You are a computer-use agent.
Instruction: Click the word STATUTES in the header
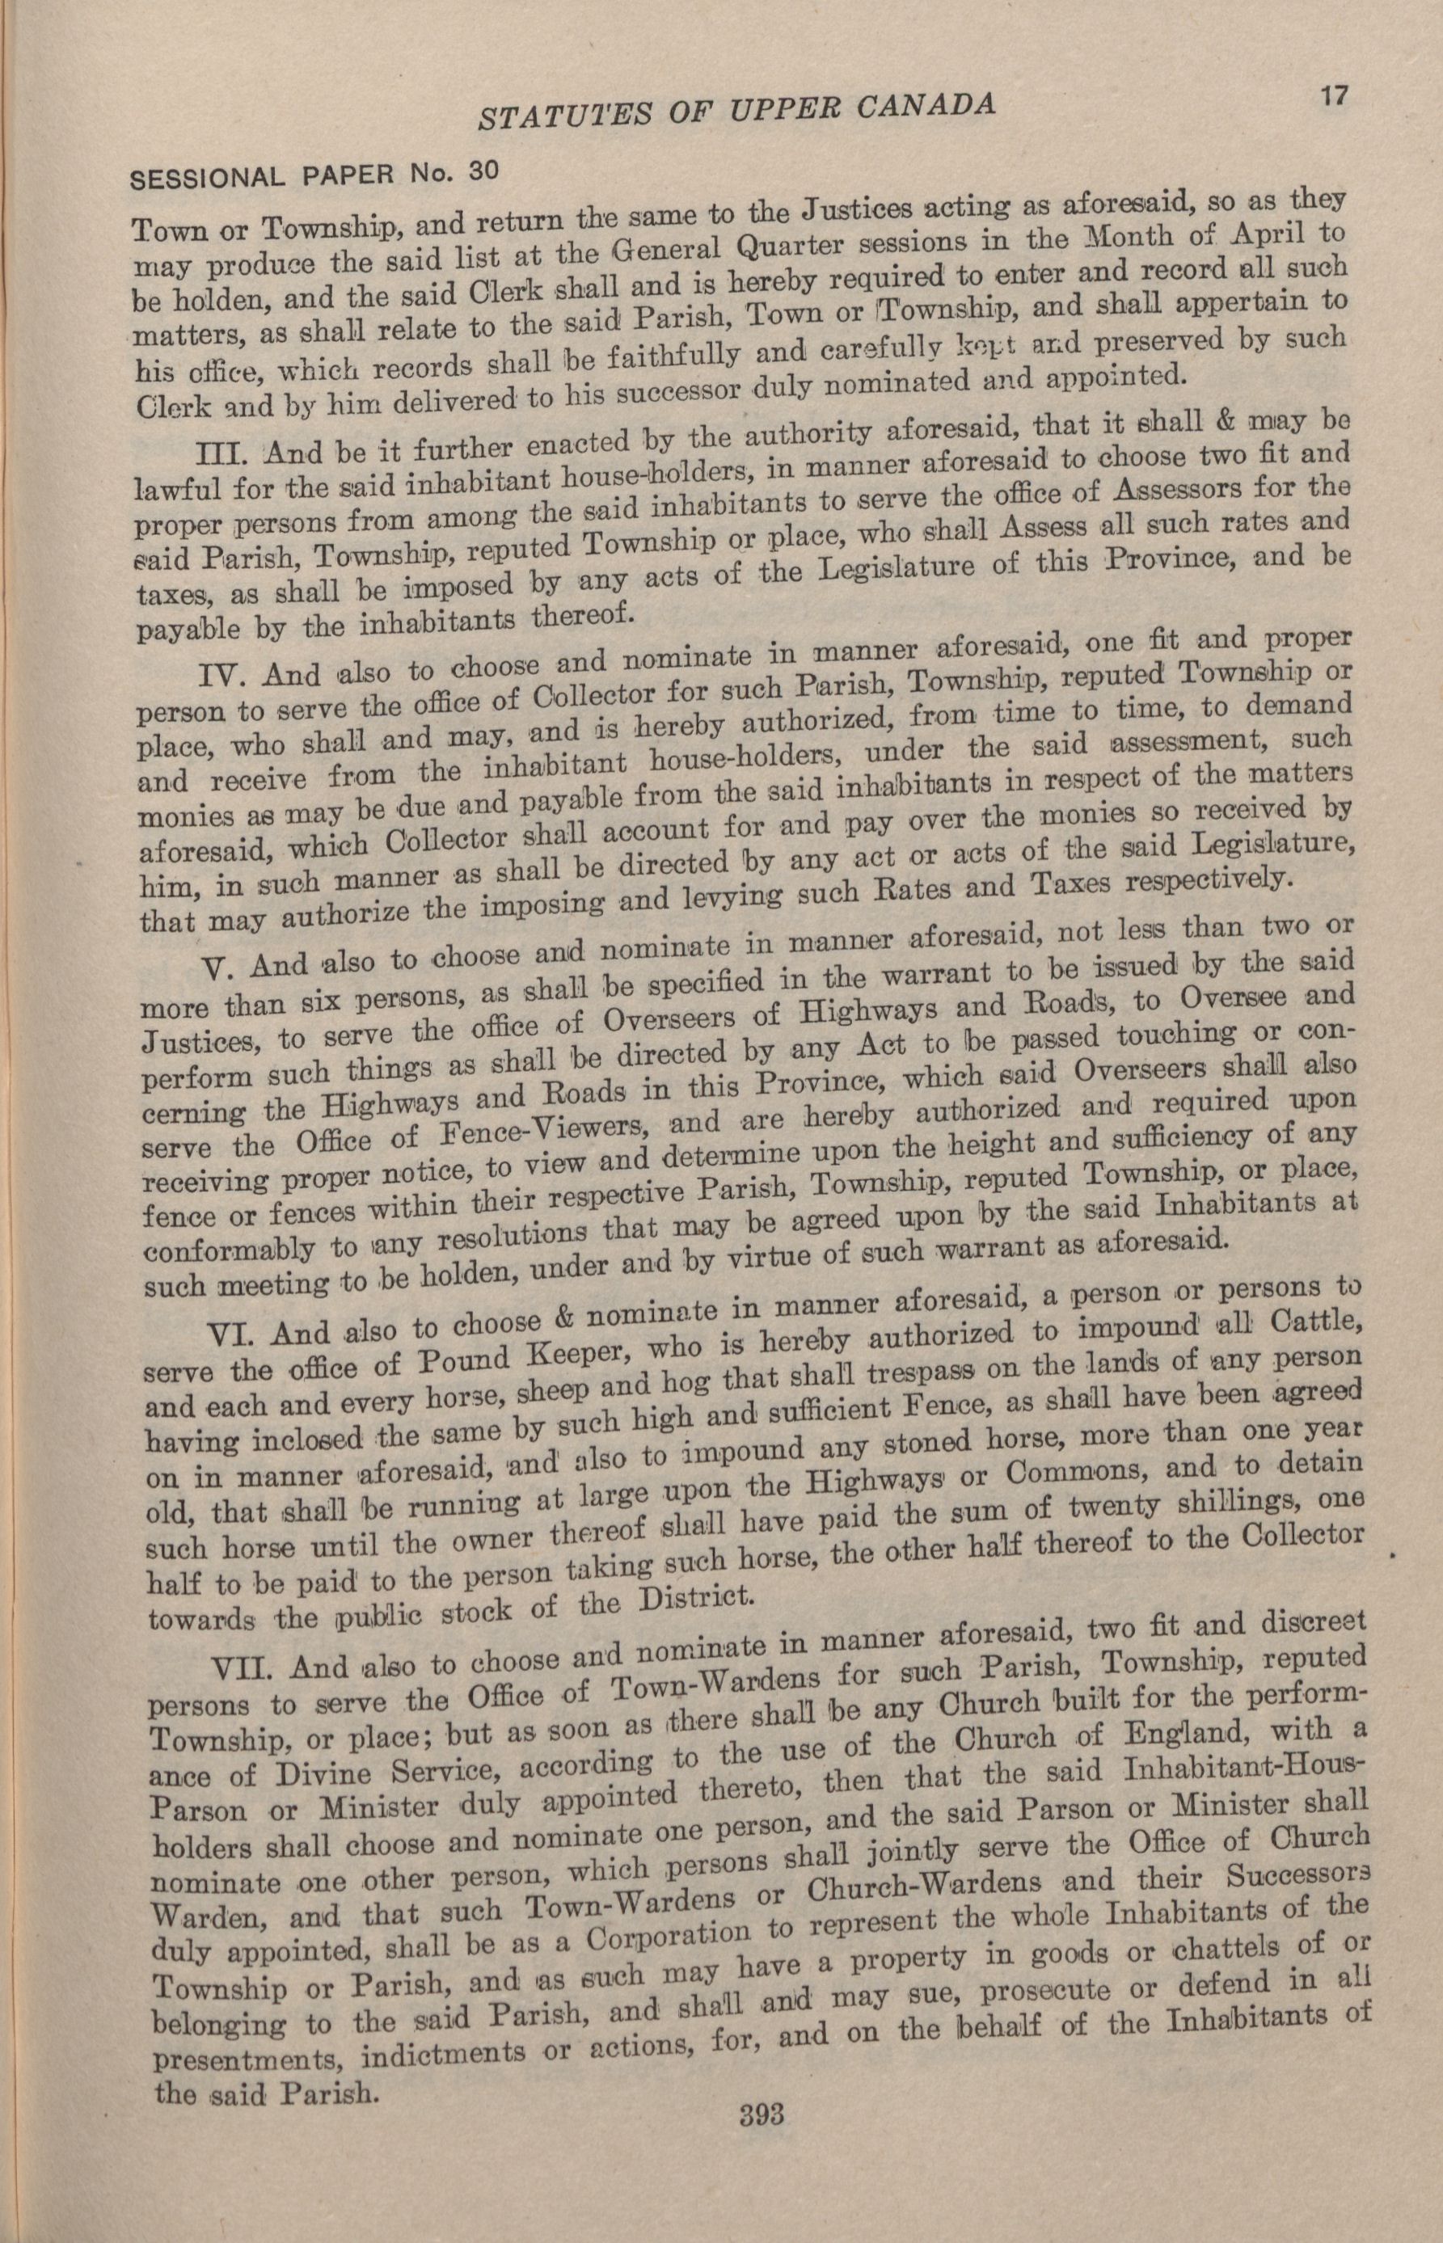[x=555, y=116]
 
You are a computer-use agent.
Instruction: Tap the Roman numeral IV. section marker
[x=225, y=676]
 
